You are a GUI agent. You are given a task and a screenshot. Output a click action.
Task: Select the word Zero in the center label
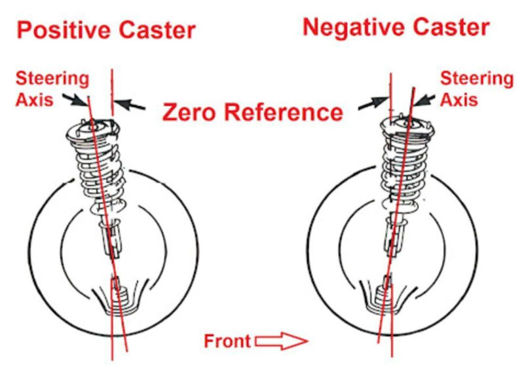191,112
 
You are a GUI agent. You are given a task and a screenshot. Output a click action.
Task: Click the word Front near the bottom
227,341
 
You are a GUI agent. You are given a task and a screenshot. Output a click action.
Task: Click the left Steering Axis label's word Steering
52,79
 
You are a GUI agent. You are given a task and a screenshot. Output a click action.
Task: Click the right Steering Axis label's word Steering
476,79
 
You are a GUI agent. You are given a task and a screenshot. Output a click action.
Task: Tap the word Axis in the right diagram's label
458,100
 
